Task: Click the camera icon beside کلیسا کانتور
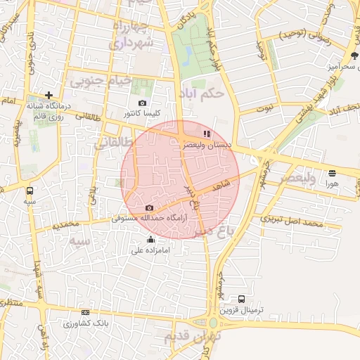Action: point(143,103)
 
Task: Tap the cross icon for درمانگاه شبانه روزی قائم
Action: point(49,95)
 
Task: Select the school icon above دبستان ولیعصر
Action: point(206,133)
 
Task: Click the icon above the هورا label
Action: point(332,172)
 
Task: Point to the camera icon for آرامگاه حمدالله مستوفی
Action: point(149,208)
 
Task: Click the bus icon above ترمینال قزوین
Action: point(242,299)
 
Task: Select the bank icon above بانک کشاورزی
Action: point(86,312)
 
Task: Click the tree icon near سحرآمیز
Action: point(353,56)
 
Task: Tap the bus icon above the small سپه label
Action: point(30,191)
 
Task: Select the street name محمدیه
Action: point(76,224)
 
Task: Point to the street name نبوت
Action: point(264,109)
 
